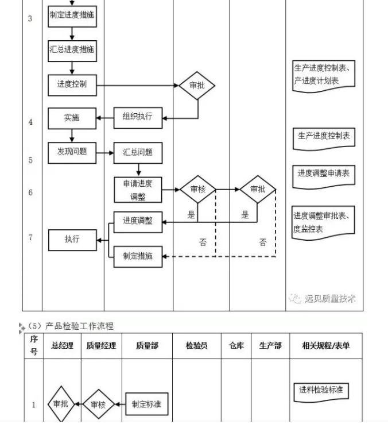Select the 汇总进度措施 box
click(72, 51)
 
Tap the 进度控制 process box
click(72, 85)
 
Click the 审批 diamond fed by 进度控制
click(197, 86)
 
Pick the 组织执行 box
click(138, 117)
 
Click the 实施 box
click(72, 118)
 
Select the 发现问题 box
click(72, 152)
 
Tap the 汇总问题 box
click(138, 152)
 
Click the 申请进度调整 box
click(138, 190)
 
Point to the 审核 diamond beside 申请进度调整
click(197, 190)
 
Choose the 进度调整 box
click(138, 221)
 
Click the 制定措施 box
click(138, 256)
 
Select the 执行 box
click(72, 240)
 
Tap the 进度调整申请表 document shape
click(324, 174)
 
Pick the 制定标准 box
click(146, 404)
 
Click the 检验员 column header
click(196, 346)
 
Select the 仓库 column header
click(236, 346)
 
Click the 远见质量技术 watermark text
click(329, 299)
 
